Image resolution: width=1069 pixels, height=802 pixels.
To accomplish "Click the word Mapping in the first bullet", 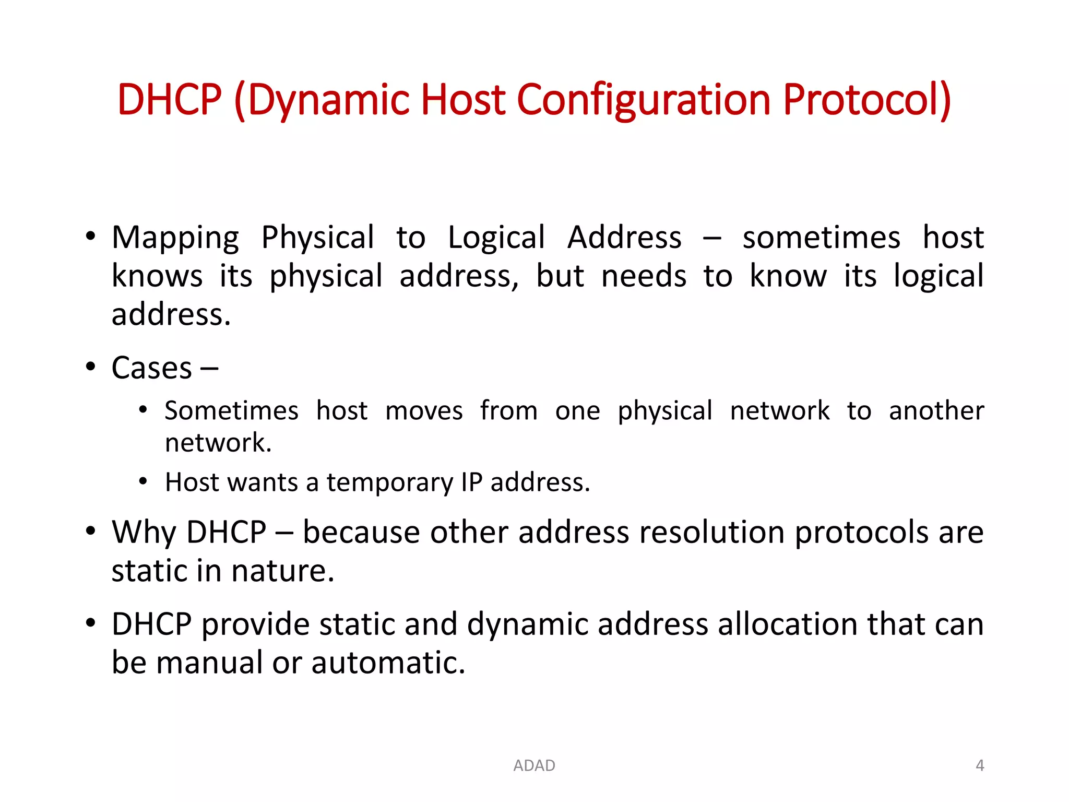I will coord(175,238).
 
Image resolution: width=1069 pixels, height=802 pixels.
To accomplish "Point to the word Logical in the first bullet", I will coord(496,238).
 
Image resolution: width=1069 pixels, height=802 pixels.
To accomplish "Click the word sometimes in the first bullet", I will coord(821,238).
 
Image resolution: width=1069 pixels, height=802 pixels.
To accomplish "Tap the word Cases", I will coord(151,368).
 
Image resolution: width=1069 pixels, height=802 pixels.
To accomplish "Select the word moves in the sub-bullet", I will coord(424,410).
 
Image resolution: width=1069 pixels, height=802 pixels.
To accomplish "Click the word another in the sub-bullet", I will coord(936,410).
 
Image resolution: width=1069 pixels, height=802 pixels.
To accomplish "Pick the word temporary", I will coord(390,482).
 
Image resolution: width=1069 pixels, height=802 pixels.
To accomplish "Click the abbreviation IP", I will coord(471,482).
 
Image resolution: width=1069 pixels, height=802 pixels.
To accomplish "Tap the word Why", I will coord(145,533).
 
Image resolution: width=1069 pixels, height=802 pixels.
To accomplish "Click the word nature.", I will coord(282,571).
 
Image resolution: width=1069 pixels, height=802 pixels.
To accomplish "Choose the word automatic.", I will coord(388,663).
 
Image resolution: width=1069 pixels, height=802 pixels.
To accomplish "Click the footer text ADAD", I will coord(534,765).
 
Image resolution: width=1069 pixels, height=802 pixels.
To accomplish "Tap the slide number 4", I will coord(980,765).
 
